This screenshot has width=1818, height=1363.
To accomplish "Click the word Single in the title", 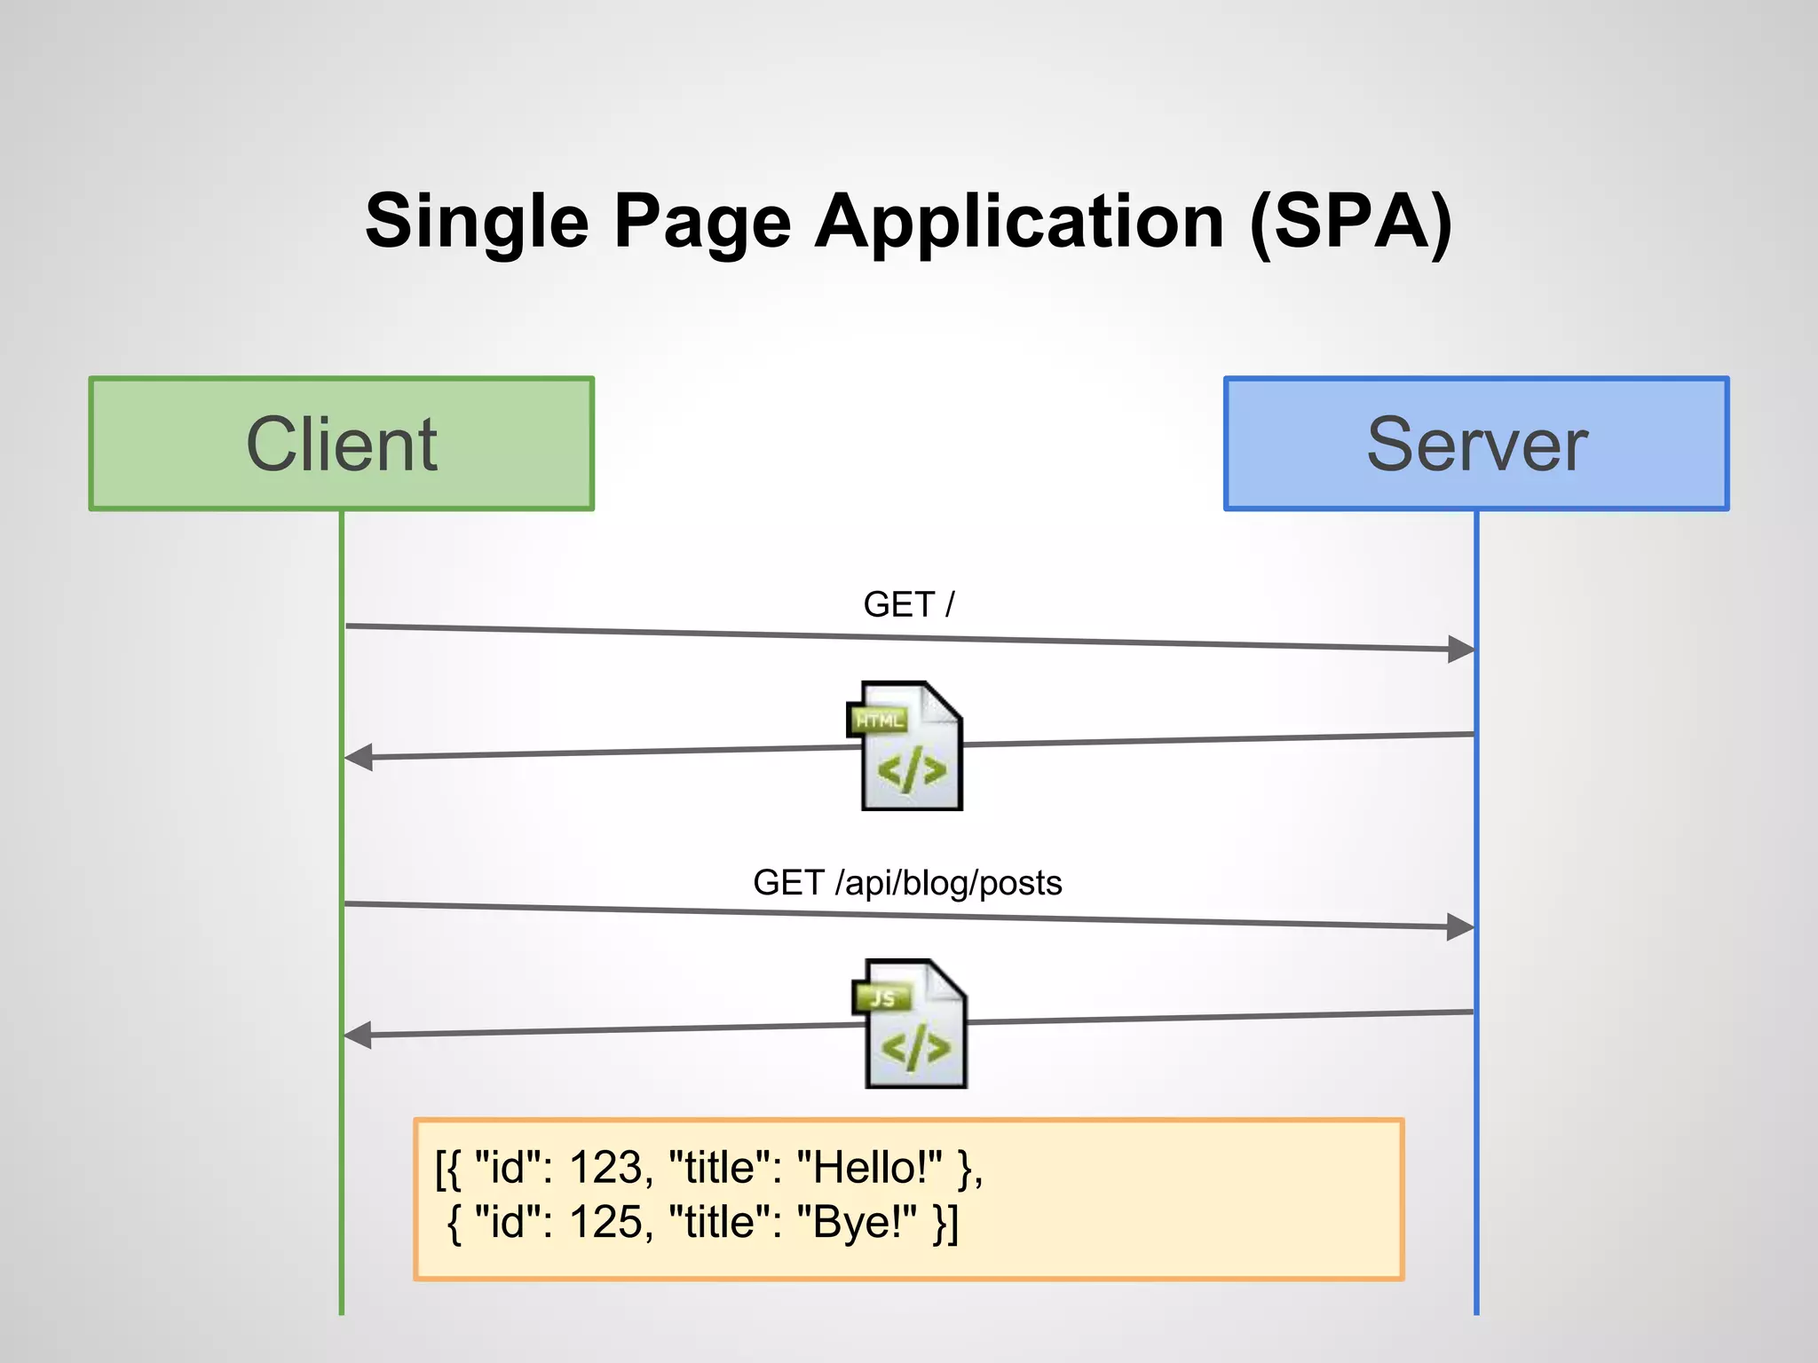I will tap(477, 222).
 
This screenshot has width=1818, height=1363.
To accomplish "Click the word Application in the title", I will tap(1020, 222).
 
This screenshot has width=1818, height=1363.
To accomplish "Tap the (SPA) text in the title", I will tap(1350, 222).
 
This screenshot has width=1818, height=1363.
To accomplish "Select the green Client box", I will tap(342, 444).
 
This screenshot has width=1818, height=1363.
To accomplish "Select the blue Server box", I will tap(1476, 444).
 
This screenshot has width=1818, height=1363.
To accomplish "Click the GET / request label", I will tap(908, 604).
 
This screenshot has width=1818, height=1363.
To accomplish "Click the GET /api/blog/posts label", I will tap(907, 883).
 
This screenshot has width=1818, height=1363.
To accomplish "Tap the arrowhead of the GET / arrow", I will tap(1460, 649).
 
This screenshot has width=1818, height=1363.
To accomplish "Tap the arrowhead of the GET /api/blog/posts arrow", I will tap(1460, 927).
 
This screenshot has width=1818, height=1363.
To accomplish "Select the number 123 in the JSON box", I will tap(605, 1168).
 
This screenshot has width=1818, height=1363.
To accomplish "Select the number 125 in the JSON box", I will tap(605, 1223).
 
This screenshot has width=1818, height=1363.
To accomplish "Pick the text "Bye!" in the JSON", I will tap(857, 1223).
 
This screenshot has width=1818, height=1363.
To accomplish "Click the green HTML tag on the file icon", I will tap(879, 720).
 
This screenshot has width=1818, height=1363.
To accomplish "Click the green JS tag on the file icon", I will tap(882, 998).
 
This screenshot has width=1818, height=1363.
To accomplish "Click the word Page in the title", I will tap(701, 222).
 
